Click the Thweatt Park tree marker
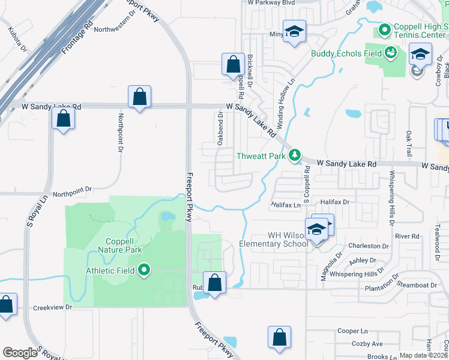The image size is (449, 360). (x=295, y=156)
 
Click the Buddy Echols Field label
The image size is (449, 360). (x=345, y=53)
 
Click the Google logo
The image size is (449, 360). (x=20, y=353)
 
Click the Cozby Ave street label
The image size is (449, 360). (x=368, y=344)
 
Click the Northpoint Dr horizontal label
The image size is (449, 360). (x=72, y=189)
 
